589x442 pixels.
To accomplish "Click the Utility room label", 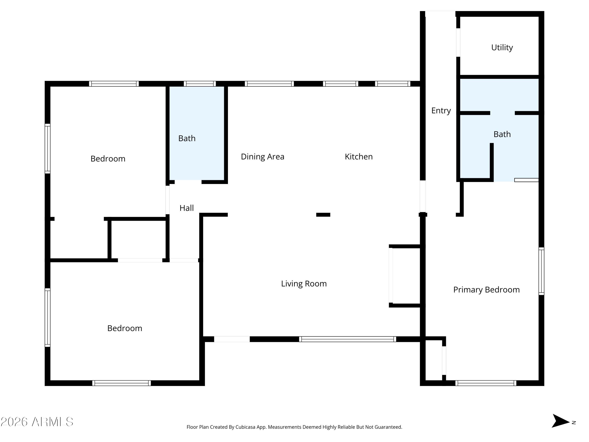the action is [x=502, y=47].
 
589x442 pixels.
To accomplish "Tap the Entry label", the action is [x=441, y=111].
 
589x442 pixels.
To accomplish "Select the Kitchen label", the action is [x=359, y=157].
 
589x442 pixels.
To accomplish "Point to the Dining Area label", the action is [x=262, y=157].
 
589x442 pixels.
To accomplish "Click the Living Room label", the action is [x=304, y=283].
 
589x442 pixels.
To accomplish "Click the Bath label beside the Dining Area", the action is [x=187, y=138].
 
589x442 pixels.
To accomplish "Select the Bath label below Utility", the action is [x=502, y=134].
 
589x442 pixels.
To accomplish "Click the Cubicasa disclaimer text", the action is [x=294, y=427].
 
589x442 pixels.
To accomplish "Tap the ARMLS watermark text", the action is [x=37, y=422].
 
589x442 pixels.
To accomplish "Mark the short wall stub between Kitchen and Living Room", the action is [x=323, y=215].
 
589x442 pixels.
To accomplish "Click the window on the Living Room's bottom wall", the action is [x=348, y=339].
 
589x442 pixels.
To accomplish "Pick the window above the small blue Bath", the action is [x=200, y=84].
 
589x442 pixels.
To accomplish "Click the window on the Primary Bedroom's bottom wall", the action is [x=486, y=383].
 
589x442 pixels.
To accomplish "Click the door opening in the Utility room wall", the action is [x=458, y=42].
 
